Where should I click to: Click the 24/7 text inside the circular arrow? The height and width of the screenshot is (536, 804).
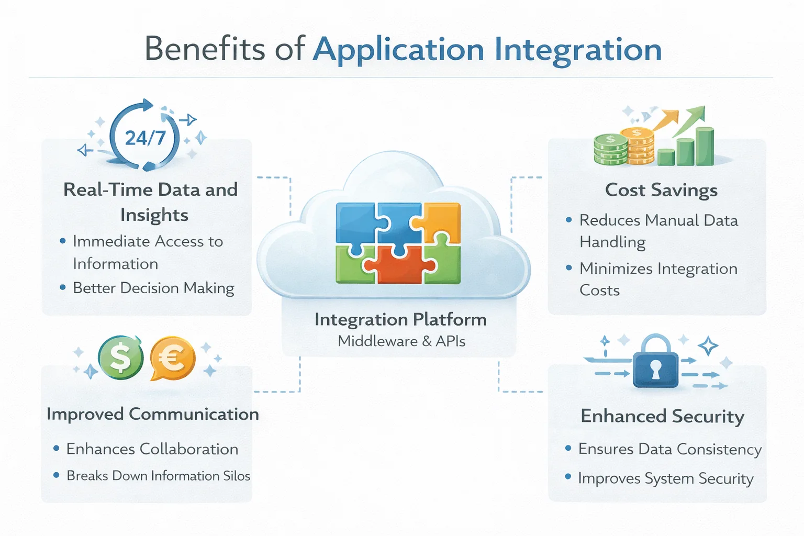click(145, 138)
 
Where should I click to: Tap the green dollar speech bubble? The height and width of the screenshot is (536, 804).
click(121, 358)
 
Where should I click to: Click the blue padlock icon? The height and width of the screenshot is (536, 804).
click(655, 363)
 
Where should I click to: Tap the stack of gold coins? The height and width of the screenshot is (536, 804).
click(637, 146)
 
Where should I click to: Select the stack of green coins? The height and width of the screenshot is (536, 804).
click(610, 150)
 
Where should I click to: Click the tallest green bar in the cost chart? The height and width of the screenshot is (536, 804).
click(705, 147)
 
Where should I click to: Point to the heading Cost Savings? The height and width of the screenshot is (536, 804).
click(661, 190)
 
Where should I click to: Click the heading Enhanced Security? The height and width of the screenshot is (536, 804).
click(662, 416)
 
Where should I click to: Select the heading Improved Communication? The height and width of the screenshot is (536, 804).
click(152, 414)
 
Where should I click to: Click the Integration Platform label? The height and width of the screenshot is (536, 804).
click(400, 319)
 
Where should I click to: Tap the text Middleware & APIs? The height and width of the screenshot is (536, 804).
click(401, 341)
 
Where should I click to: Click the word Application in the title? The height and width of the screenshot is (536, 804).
click(398, 50)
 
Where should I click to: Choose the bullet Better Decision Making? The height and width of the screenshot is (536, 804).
click(153, 288)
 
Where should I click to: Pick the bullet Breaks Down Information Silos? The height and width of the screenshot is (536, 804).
click(158, 476)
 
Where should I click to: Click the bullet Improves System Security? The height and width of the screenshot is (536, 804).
click(665, 478)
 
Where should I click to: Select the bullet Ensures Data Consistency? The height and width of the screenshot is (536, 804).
click(669, 449)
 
